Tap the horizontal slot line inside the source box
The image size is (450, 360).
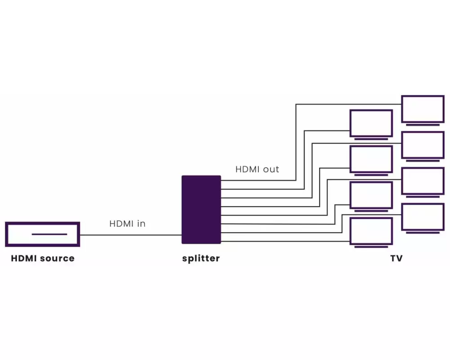[x=49, y=234]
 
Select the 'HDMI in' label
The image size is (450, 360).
[x=127, y=223]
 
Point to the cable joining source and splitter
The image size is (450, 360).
[x=130, y=234]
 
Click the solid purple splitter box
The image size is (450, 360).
[x=201, y=209]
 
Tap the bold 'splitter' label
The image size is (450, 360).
[x=201, y=258]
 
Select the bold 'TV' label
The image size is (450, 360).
[x=396, y=258]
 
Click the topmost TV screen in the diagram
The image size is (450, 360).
[x=423, y=108]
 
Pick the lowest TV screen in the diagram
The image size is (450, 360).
[x=371, y=231]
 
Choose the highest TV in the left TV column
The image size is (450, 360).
[x=371, y=123]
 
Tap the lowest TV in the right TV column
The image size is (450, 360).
[x=423, y=216]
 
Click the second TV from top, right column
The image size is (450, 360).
[x=423, y=144]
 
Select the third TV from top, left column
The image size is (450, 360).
[x=371, y=195]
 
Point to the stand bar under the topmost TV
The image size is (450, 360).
[x=423, y=125]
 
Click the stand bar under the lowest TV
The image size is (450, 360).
[x=371, y=247]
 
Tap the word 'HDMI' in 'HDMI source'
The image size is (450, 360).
[x=24, y=258]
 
